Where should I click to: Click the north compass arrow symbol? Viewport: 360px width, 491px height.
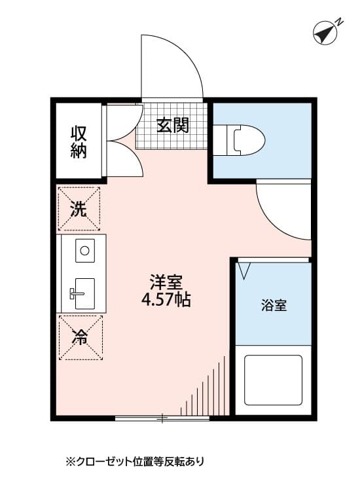pos(323,33)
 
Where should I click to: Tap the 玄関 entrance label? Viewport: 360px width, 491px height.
pos(173,124)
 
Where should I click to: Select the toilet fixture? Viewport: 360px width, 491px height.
pos(242,139)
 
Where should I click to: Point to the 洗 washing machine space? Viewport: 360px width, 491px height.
pos(79,209)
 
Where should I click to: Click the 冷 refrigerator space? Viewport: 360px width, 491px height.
pos(79,338)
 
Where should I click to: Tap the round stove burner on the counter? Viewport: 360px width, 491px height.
pos(84,249)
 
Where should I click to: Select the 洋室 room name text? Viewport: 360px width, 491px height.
pos(166,283)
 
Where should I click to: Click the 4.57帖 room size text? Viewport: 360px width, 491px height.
pos(166,301)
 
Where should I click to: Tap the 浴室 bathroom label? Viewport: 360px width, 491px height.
pos(274,304)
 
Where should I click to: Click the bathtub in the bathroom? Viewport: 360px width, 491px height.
pos(273,380)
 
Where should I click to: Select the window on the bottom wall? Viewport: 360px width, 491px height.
pos(162,418)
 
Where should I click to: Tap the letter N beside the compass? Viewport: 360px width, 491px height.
pos(340,22)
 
